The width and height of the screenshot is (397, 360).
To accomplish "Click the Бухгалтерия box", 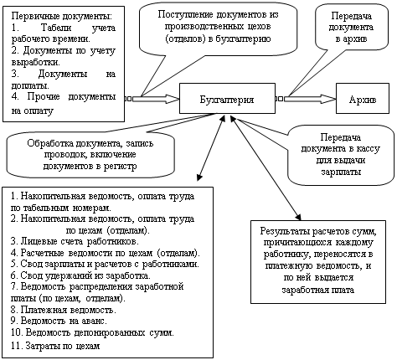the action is pos(227,99).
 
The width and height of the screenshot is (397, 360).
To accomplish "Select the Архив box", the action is pos(363,99).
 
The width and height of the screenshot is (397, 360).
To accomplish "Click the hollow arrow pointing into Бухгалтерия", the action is pos(156,99).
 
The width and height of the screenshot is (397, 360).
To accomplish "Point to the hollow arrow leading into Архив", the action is pos(310,99).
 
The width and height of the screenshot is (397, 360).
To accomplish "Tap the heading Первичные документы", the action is pos(62,16).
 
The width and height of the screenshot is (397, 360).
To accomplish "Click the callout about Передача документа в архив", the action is pos(351,27).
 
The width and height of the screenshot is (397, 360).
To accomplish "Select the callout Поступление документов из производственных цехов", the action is pos(218,28).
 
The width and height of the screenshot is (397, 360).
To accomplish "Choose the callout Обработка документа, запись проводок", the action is pos(90,154).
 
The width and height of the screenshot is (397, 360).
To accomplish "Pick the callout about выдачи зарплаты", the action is pos(341,154).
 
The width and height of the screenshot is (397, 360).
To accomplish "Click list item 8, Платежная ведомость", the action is pos(64,310).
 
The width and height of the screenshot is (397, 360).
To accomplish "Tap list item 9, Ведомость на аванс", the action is pos(59,321).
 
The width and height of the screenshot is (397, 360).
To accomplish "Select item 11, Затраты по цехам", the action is pos(55,346).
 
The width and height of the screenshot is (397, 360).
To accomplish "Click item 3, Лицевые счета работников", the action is pos(75,241).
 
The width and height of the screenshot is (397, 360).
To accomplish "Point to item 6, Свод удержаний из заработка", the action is pos(80,275).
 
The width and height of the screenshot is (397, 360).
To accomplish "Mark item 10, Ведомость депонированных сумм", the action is pos(92,332).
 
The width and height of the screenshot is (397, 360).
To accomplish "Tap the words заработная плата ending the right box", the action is pos(318,290).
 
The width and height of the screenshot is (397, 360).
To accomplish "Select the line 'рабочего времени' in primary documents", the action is pos(51,39).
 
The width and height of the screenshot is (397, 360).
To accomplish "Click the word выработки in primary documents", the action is pos(35,62).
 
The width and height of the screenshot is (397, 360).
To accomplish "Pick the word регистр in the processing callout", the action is pos(120,167).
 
